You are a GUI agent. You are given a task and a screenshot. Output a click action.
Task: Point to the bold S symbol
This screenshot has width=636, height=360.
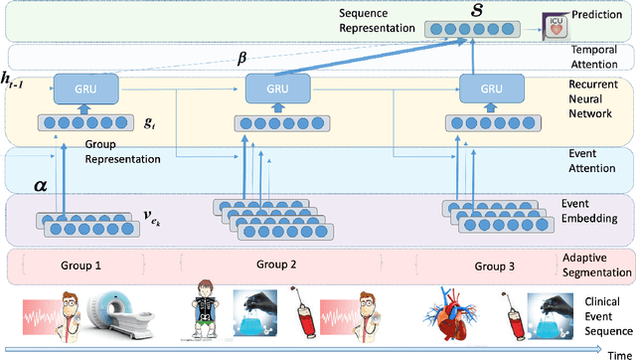464,13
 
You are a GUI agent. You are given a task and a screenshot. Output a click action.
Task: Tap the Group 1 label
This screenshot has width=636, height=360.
82,266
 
